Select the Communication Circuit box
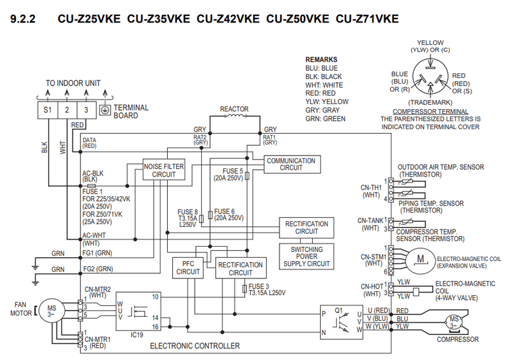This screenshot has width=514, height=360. (x=291, y=164)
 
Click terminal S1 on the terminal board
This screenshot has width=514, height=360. (x=47, y=110)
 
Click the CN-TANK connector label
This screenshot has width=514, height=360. (x=370, y=221)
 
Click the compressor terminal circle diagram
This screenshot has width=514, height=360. (x=430, y=76)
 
